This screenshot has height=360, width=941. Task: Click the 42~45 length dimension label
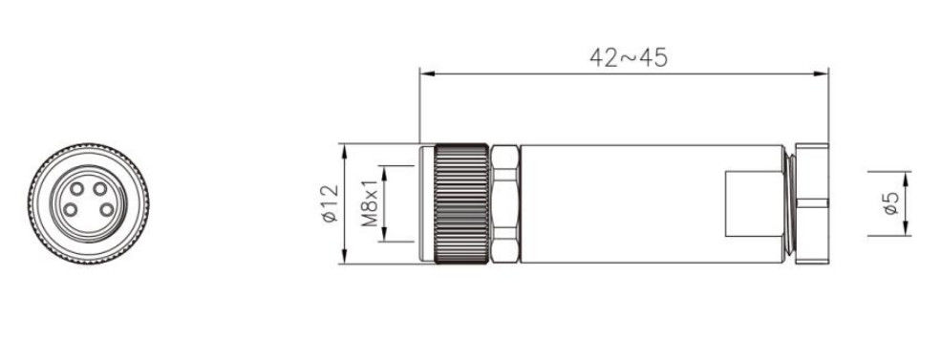[x=629, y=57]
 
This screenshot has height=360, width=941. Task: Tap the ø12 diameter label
[x=331, y=204]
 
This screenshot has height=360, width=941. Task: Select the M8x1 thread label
[x=371, y=204]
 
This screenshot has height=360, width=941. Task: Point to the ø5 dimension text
[x=890, y=203]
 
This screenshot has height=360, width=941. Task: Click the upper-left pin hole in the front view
[x=76, y=189]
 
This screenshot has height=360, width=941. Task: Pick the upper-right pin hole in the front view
[x=99, y=189]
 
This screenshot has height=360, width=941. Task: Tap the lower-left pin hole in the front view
[x=70, y=210]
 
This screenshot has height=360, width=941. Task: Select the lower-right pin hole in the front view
[x=107, y=210]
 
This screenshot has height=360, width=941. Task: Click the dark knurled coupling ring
[x=460, y=204]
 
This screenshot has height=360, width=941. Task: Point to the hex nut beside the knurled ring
[x=504, y=204]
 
